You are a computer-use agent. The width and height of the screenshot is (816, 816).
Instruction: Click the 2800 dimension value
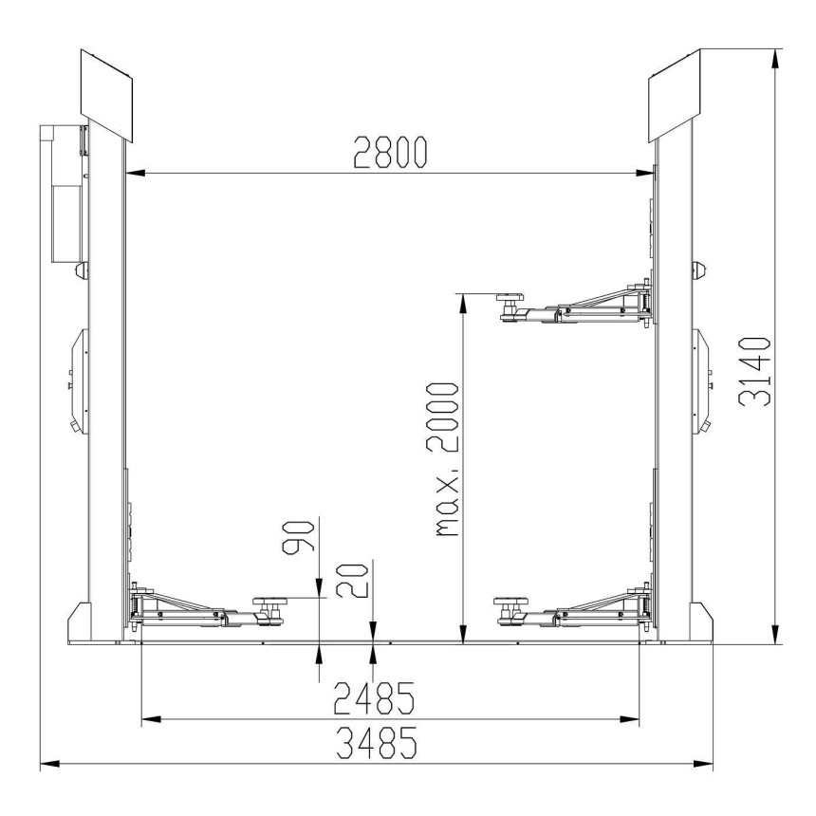click(x=390, y=152)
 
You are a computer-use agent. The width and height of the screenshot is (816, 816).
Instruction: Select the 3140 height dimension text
click(x=754, y=371)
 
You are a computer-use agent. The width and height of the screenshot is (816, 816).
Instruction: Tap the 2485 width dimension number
click(x=374, y=697)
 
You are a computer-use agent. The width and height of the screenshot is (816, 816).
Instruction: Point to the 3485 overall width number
click(x=377, y=743)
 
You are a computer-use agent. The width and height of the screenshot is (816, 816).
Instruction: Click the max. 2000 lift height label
click(x=442, y=459)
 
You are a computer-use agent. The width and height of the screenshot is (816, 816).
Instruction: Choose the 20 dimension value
click(x=352, y=580)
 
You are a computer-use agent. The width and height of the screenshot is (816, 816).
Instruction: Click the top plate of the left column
click(x=106, y=95)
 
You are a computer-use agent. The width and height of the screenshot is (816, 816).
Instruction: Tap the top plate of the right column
click(x=674, y=95)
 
